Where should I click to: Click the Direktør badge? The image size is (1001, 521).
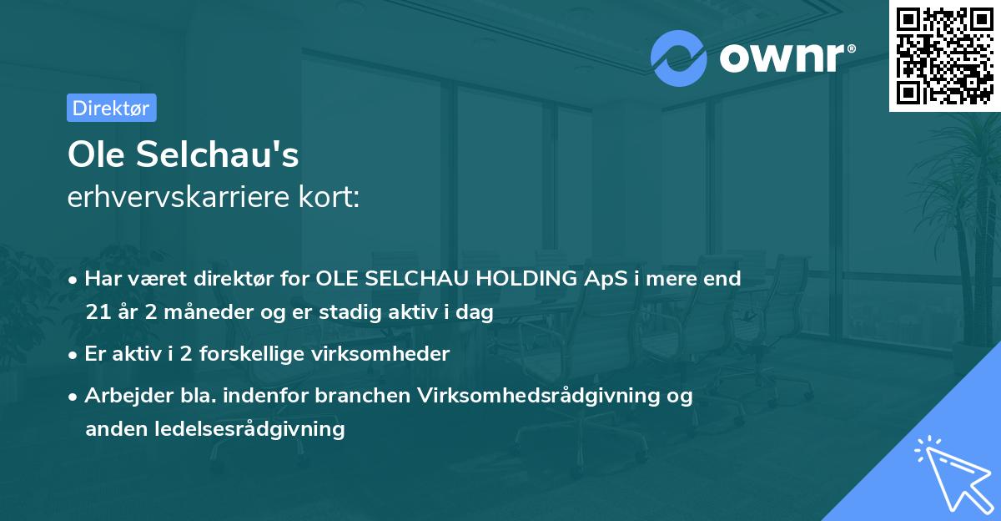pyautogui.click(x=111, y=108)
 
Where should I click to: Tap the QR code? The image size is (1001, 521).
pyautogui.click(x=945, y=55)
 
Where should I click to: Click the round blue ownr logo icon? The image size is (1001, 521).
pyautogui.click(x=679, y=58)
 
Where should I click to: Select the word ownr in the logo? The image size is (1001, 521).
pyautogui.click(x=782, y=58)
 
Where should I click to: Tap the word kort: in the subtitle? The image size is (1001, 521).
pyautogui.click(x=332, y=198)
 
